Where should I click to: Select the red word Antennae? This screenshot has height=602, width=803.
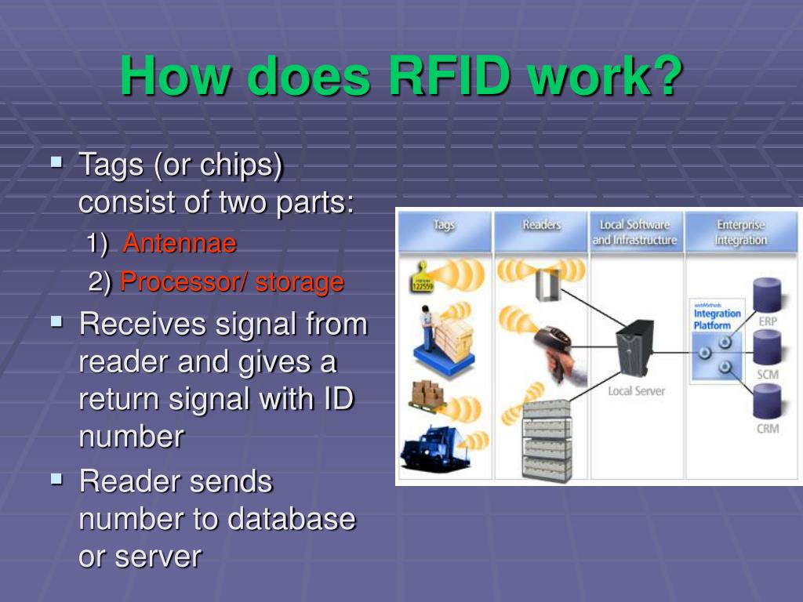[180, 244]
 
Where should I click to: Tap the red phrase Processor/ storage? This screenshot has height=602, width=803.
[232, 282]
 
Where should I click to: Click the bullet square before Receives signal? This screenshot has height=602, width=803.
[56, 321]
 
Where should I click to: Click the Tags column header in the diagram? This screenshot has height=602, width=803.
[444, 226]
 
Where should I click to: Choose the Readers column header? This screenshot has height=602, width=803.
[541, 226]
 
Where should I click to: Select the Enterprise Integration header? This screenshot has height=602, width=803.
[740, 232]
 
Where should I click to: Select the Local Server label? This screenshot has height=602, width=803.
[636, 390]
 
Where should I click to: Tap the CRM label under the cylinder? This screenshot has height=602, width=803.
[767, 429]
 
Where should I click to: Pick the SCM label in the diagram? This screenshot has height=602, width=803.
[767, 374]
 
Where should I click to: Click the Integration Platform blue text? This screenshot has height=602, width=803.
[717, 319]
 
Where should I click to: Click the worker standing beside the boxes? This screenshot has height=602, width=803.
[427, 328]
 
